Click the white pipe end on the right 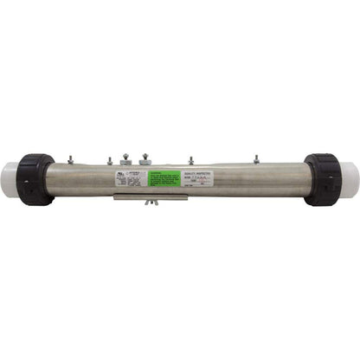tap(350, 179)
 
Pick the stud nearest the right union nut tap(256, 159)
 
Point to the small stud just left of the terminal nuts tap(110, 160)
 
